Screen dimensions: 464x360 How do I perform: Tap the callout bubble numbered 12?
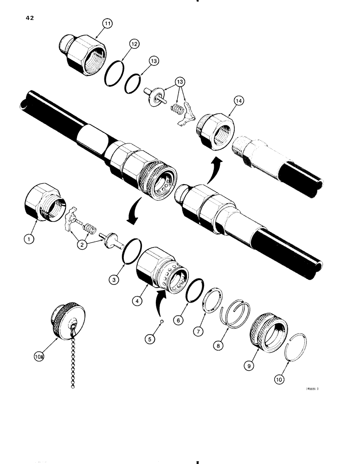(134, 44)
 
